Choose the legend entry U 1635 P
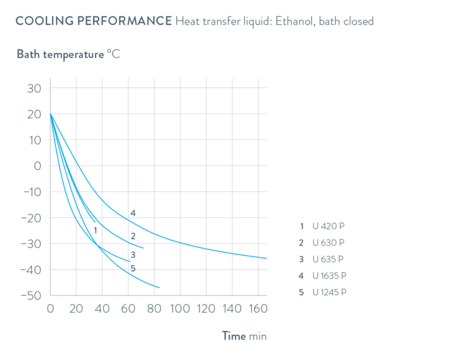click(323, 276)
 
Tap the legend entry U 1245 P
click(323, 292)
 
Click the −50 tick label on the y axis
click(31, 295)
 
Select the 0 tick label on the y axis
click(38, 166)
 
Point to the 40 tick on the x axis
click(102, 308)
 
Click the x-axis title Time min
click(245, 336)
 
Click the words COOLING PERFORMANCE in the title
click(94, 22)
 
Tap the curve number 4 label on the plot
click(133, 213)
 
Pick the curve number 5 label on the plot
click(132, 269)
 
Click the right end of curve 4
click(268, 258)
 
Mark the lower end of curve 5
click(160, 288)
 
